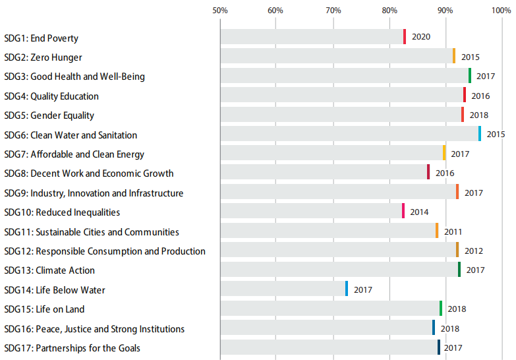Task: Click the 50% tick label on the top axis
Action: click(219, 11)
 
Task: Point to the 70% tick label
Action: click(333, 11)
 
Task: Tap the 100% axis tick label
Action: click(502, 11)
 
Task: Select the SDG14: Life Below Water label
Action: click(55, 290)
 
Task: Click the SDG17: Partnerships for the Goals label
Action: click(72, 348)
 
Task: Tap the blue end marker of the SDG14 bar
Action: click(347, 289)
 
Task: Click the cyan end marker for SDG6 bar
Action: click(480, 134)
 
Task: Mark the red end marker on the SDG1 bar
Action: click(405, 37)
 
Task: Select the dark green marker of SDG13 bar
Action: click(459, 270)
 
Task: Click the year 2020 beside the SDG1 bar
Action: click(421, 37)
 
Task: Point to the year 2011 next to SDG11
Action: click(453, 231)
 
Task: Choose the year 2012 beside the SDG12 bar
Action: click(473, 251)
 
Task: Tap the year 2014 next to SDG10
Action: click(419, 212)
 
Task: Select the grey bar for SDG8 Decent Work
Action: click(323, 173)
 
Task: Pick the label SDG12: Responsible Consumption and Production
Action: click(105, 251)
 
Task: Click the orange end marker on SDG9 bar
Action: click(457, 192)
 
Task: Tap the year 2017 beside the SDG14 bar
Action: click(363, 289)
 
